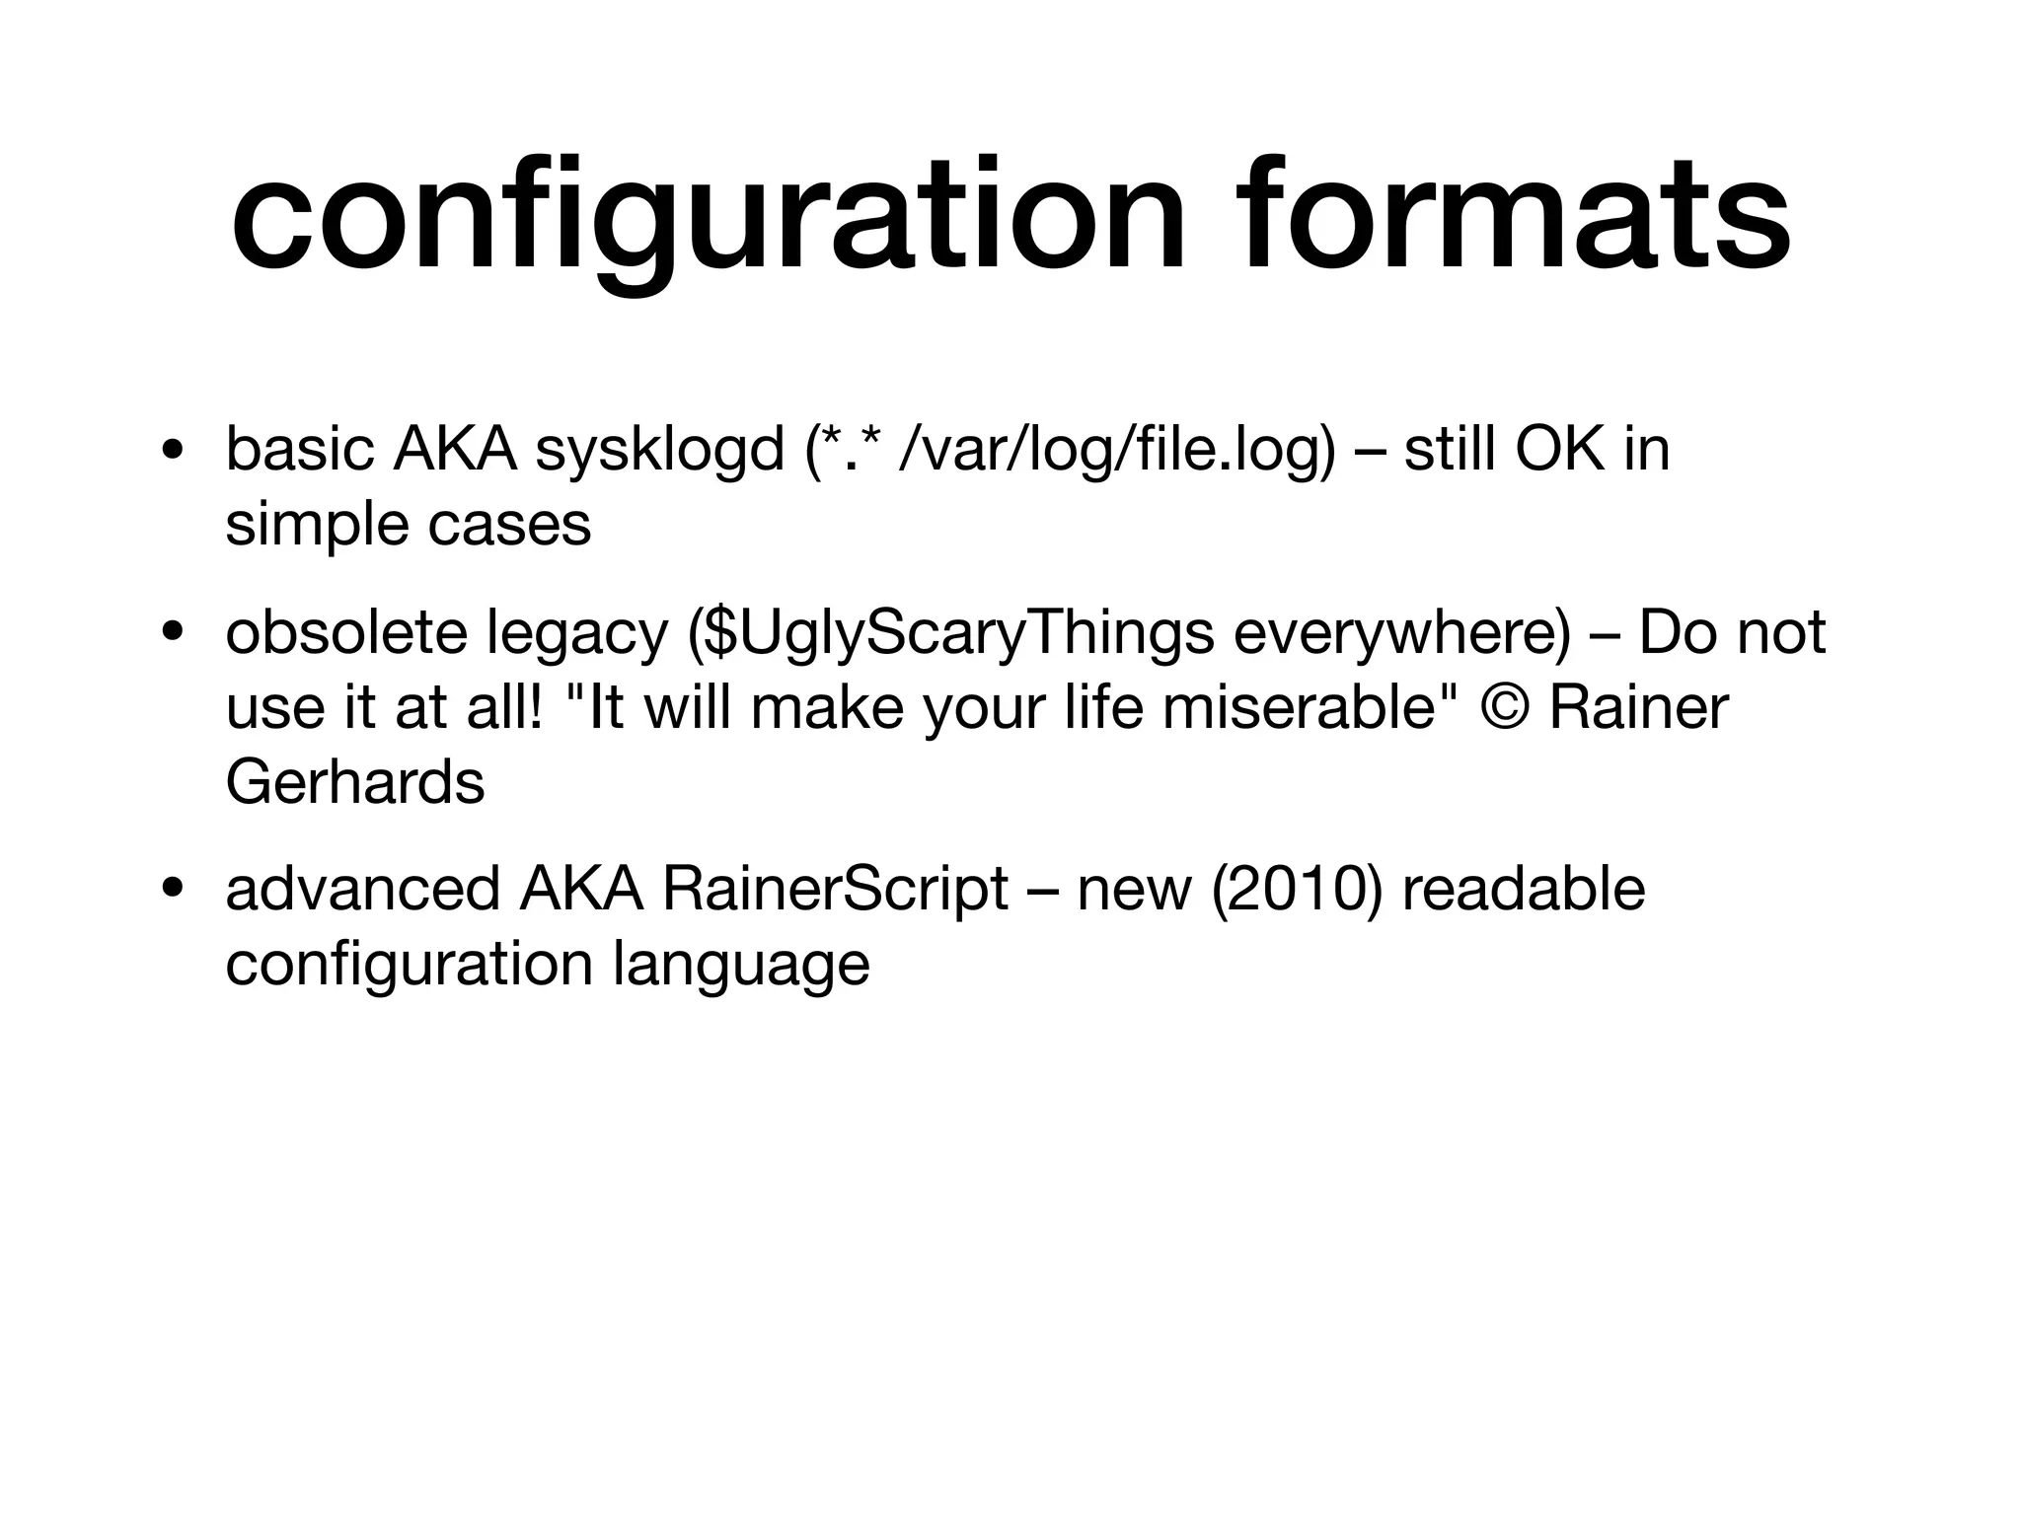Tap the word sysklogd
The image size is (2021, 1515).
tap(658, 451)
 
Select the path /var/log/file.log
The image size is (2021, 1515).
tap(1116, 451)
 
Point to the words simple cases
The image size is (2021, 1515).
tap(408, 524)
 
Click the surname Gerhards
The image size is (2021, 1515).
tap(354, 782)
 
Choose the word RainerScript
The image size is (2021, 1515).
tap(835, 889)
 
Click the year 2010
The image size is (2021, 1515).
tap(1297, 889)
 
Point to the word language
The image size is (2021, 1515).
tap(741, 964)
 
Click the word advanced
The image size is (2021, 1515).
tap(362, 889)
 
